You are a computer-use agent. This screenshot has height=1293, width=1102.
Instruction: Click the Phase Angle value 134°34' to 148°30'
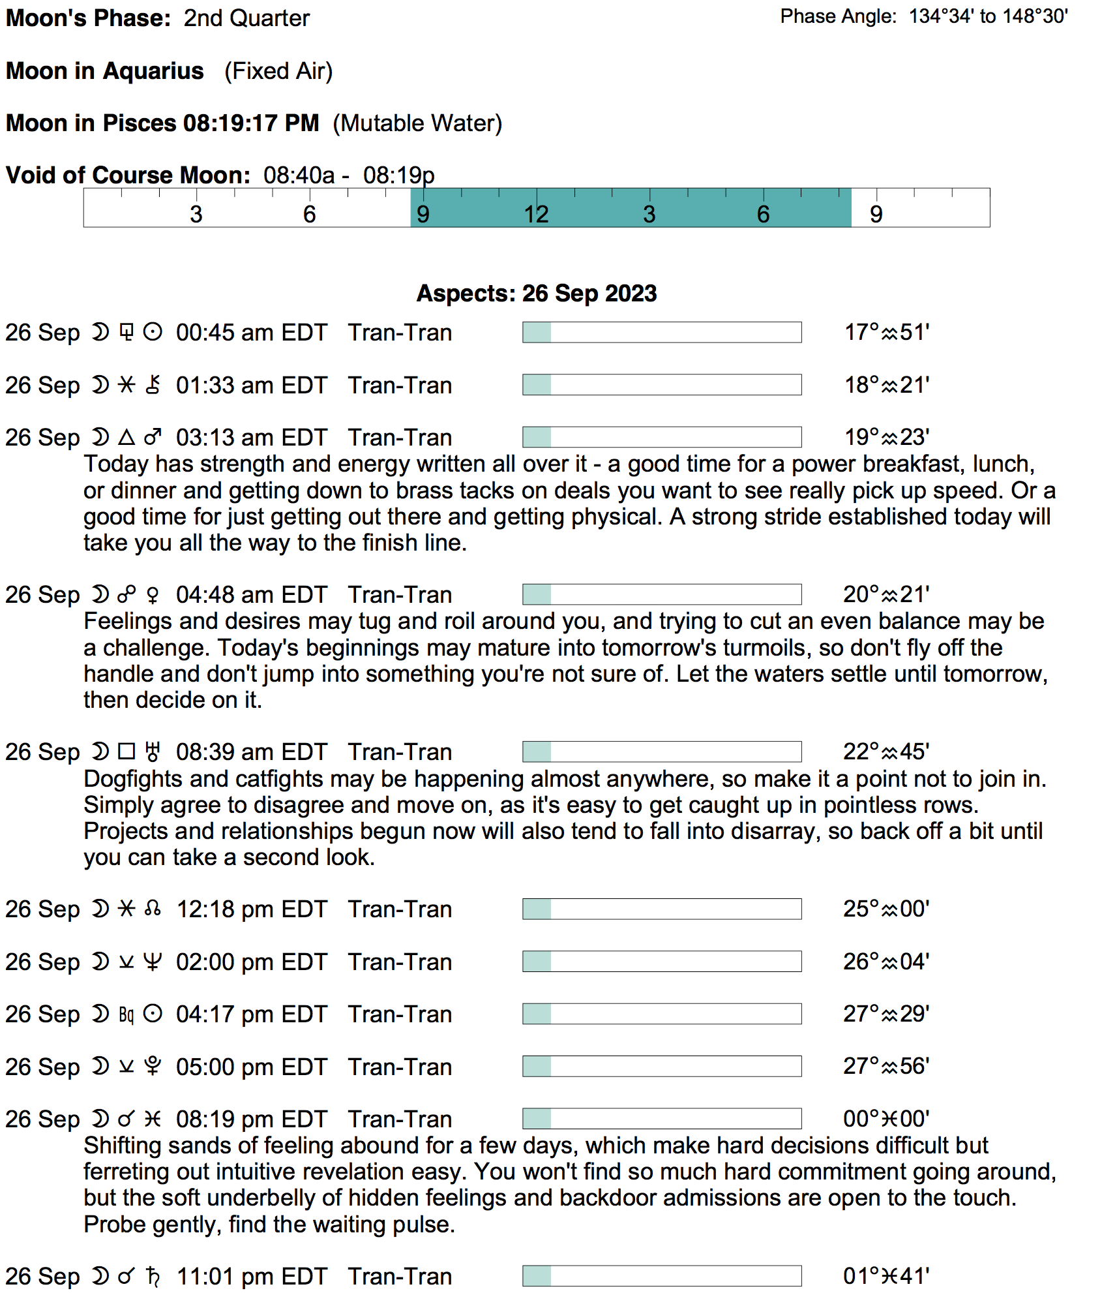point(988,16)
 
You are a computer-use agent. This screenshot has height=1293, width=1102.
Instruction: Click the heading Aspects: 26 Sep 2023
point(537,294)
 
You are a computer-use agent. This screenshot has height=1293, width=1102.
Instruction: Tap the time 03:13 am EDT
point(251,438)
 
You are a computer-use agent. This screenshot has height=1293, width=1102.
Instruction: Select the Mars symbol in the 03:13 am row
point(153,437)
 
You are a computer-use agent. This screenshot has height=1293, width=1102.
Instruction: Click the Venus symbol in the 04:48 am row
point(153,595)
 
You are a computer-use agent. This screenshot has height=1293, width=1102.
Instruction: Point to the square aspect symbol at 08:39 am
point(127,752)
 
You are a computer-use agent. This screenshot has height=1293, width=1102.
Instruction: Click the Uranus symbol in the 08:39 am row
point(153,752)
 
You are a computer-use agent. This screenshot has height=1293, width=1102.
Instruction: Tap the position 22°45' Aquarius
point(886,752)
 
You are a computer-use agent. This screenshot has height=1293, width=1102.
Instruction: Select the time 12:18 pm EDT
point(251,909)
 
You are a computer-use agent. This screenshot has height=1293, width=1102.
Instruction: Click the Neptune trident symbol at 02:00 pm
point(153,962)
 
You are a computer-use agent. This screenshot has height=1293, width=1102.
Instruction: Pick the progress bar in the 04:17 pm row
point(662,1014)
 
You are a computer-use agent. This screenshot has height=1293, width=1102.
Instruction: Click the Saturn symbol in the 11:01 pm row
point(153,1276)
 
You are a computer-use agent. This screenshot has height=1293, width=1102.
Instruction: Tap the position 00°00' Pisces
point(886,1119)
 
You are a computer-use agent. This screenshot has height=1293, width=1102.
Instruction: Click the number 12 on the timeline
point(536,215)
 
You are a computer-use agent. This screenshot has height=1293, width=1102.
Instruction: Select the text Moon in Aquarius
point(105,71)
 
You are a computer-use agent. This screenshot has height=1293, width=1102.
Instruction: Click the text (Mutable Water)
point(417,123)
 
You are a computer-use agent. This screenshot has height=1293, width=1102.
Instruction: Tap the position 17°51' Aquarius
point(887,333)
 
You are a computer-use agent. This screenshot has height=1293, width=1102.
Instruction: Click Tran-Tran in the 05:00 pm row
point(400,1067)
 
